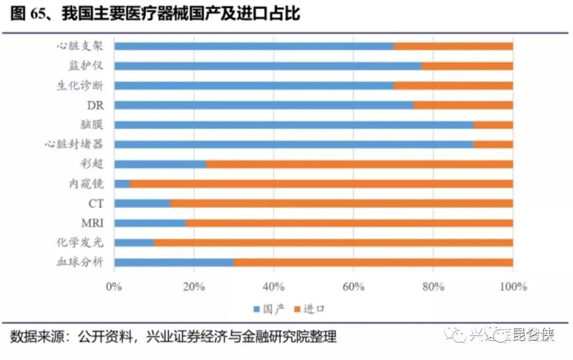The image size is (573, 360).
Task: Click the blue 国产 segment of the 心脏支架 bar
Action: pos(254,46)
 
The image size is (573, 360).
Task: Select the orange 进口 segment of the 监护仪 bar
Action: pos(467,66)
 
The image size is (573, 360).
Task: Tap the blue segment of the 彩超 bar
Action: pos(160,164)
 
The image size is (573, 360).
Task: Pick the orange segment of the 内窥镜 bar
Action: pos(321,184)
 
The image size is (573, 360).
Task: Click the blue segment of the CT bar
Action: pos(142,203)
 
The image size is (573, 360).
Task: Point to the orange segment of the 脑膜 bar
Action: pos(493,125)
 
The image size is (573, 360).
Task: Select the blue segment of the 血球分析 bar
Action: pos(173,262)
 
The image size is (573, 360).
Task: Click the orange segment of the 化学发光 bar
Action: pos(333,243)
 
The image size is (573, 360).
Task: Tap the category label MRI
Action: pos(93,223)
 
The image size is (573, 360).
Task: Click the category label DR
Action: pos(95,105)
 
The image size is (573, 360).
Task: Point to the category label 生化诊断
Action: pos(80,85)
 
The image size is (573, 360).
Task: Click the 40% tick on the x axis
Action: pos(274,287)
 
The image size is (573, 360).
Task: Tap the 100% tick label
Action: pos(513,287)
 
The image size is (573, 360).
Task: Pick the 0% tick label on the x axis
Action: pos(114,287)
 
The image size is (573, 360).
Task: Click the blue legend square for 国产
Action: pos(256,309)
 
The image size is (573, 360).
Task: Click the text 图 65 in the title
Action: pos(27,14)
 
